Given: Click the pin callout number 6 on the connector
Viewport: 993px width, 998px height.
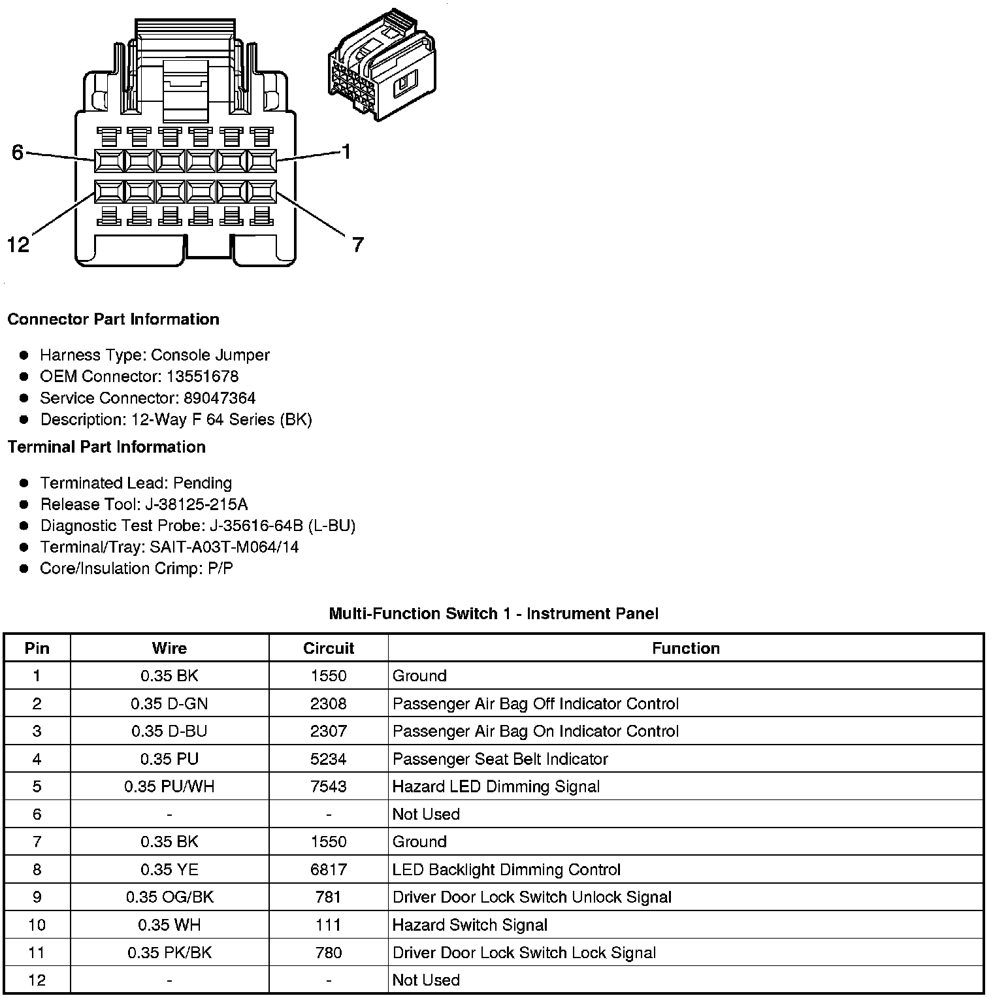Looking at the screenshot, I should point(18,152).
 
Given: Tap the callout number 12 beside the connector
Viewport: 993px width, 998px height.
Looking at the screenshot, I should point(18,245).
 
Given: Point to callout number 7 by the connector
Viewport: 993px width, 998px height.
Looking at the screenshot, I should point(357,245).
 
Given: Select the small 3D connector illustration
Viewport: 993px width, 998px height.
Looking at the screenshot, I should point(381,65).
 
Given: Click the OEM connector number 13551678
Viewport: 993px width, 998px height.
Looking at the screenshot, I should point(203,377).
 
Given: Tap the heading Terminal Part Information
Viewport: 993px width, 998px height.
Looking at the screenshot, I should point(106,447).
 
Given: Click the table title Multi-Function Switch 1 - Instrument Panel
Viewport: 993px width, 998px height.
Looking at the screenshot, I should point(493,613).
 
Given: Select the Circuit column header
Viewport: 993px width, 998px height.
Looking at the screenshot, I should point(328,648).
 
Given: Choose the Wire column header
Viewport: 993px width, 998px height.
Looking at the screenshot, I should point(169,648).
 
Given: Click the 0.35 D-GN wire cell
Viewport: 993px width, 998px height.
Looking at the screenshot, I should point(169,703).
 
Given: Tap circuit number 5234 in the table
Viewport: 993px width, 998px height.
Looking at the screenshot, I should point(328,759).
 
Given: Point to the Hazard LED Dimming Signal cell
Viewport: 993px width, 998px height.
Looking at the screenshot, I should point(496,786).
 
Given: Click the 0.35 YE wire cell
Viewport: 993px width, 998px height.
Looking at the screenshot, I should point(169,869).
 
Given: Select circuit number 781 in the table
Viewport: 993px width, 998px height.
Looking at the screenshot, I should point(328,897).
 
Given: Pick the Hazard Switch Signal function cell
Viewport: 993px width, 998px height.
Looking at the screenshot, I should point(470,925).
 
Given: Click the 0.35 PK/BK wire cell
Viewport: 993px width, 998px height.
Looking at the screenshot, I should point(169,952).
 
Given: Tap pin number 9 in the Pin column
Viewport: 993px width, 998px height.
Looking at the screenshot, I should point(37,897).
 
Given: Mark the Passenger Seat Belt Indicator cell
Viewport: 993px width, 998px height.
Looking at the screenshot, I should point(500,759).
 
